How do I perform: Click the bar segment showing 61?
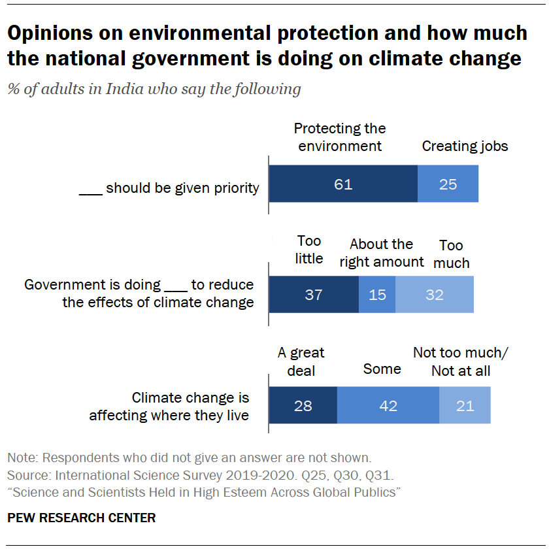point(343,184)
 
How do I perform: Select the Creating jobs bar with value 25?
point(448,184)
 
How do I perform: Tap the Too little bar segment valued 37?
point(314,294)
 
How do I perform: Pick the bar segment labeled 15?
point(377,294)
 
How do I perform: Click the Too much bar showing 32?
point(435,294)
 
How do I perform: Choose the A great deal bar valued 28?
point(303,405)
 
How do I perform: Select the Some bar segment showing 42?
point(388,405)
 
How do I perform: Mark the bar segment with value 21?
point(465,405)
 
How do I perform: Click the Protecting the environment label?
point(340,137)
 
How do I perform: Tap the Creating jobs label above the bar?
point(465,146)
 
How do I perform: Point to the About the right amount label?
point(382,253)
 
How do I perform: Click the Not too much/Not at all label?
point(461,362)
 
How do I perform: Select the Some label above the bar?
point(382,369)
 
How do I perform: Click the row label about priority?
point(169,188)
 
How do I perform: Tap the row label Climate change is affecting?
point(169,406)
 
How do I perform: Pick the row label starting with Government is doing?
point(139,293)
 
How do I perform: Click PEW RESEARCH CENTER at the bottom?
point(81,518)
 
